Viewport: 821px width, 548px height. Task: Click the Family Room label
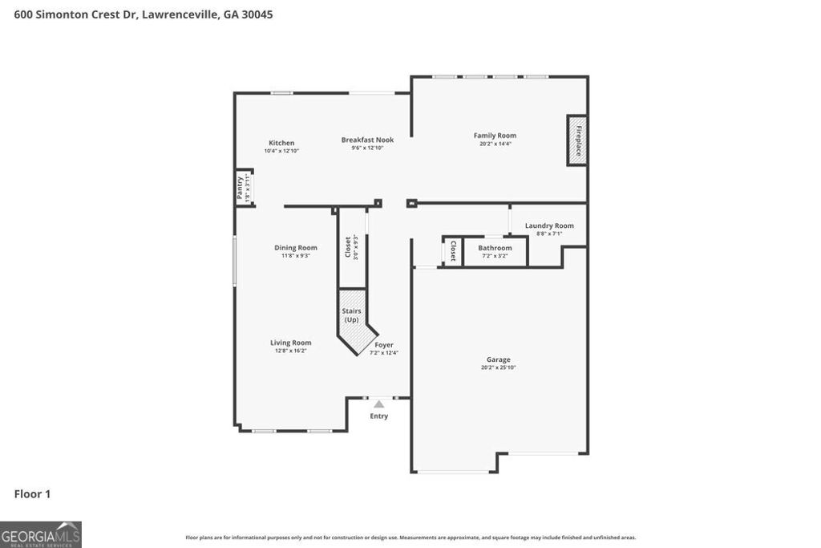click(495, 136)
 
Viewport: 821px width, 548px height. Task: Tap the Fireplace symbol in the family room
click(577, 140)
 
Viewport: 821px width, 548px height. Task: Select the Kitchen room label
click(281, 143)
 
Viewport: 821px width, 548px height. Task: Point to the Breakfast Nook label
click(367, 140)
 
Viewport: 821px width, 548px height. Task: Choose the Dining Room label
click(296, 248)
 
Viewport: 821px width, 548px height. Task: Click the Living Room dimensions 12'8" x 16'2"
click(290, 351)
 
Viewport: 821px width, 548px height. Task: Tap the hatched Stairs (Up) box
click(351, 315)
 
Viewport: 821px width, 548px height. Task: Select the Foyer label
click(384, 345)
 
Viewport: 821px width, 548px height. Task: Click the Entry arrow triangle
click(378, 404)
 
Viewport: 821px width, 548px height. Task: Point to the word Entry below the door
click(378, 416)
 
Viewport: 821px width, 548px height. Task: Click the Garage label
click(498, 359)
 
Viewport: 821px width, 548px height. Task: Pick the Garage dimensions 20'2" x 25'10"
click(498, 367)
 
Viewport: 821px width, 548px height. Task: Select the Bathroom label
click(495, 248)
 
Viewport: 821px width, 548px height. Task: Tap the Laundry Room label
click(549, 225)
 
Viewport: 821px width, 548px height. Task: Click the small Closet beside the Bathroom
click(453, 251)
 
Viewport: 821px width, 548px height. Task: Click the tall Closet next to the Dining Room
click(351, 247)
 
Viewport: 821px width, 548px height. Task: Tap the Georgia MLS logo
click(41, 534)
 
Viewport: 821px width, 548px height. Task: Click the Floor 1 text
click(32, 494)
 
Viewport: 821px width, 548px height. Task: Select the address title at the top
click(144, 14)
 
